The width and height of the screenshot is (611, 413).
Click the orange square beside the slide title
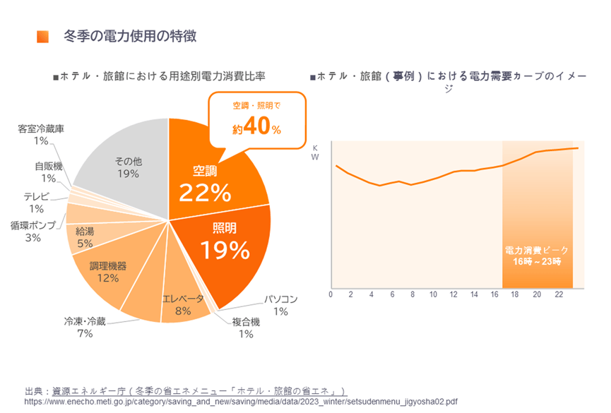[42, 37]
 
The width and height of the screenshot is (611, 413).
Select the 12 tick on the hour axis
[453, 294]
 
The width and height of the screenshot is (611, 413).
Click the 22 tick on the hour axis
[557, 294]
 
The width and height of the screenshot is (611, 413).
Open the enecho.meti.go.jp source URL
[241, 401]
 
